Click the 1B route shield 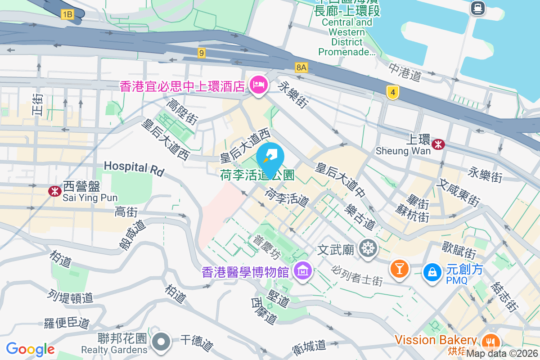67,15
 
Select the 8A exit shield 301,67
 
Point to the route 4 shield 393,93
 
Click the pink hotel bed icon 258,84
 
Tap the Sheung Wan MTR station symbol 438,144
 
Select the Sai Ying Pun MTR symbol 55,191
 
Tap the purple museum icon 303,271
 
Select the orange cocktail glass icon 399,268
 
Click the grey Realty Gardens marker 161,342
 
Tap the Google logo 30,349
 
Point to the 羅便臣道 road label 67,323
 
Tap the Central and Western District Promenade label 347,37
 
